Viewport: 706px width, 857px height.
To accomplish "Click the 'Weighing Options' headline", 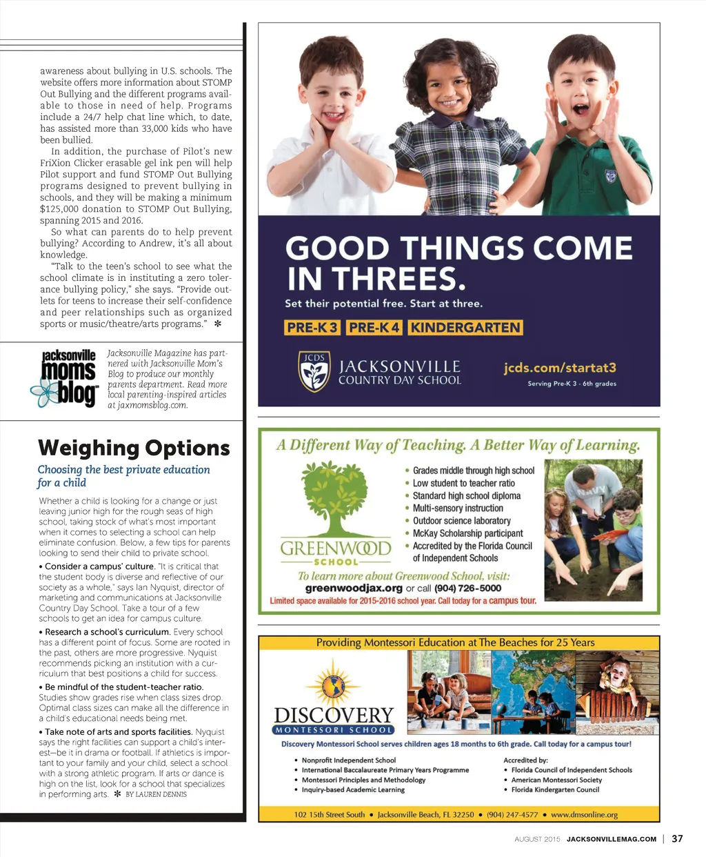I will pos(134,448).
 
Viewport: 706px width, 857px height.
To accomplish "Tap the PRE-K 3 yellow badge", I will pos(312,327).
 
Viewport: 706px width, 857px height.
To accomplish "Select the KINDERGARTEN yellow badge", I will pos(465,327).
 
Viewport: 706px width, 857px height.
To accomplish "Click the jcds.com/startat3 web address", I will pos(560,368).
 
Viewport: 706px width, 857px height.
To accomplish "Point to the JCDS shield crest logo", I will pos(314,371).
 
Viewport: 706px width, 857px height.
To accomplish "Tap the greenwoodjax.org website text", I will pos(354,588).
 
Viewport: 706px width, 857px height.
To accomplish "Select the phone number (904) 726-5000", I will pos(467,588).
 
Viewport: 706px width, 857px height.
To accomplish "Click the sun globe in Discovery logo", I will pos(334,684).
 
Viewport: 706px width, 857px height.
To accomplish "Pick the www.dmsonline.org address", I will pos(584,814).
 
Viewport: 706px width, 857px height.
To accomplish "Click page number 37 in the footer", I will pos(677,838).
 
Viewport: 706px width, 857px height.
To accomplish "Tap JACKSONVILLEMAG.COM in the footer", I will pos(611,839).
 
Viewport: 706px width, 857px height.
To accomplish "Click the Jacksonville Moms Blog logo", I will pos(67,377).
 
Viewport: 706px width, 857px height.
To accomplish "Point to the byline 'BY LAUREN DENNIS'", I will pos(156,794).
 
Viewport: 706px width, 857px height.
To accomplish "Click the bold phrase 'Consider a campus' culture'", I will pos(99,567).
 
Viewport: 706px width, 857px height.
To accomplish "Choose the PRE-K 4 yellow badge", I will pos(374,327).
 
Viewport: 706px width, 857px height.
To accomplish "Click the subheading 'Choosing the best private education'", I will pos(123,470).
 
